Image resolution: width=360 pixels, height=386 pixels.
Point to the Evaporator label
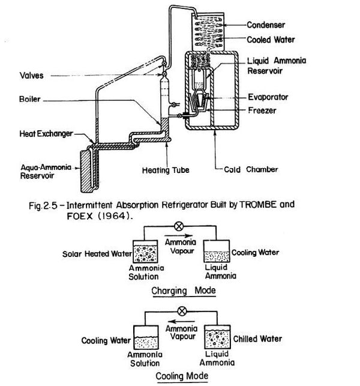tap(268, 97)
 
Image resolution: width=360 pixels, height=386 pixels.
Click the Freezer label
tap(262, 110)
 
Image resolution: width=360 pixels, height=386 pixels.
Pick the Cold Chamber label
tap(251, 169)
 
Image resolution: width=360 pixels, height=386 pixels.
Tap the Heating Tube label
tap(166, 170)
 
